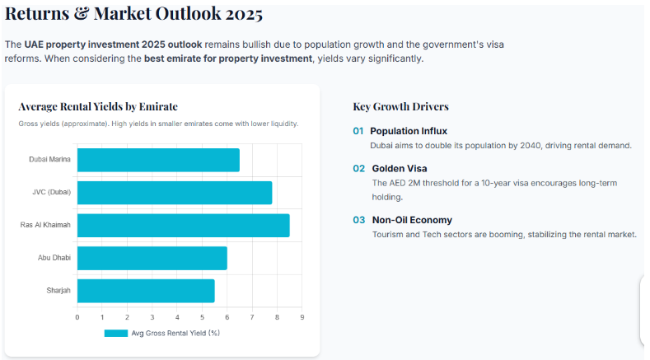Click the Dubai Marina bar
pyautogui.click(x=158, y=160)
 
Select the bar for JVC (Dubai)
pyautogui.click(x=174, y=193)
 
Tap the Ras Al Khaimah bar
pyautogui.click(x=183, y=225)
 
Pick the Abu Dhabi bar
pyautogui.click(x=152, y=258)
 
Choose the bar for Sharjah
pyautogui.click(x=146, y=290)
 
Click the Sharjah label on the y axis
pyautogui.click(x=58, y=290)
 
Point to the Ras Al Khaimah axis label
pyautogui.click(x=45, y=225)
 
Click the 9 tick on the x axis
pyautogui.click(x=302, y=317)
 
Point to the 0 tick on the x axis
pyautogui.click(x=77, y=317)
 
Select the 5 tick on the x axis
pyautogui.click(x=202, y=317)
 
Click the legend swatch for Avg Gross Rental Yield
pyautogui.click(x=115, y=334)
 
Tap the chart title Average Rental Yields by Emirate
pyautogui.click(x=98, y=106)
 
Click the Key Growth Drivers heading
pyautogui.click(x=400, y=106)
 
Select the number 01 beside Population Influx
pyautogui.click(x=358, y=131)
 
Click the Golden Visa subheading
pyautogui.click(x=400, y=168)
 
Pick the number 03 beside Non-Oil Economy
pyautogui.click(x=358, y=220)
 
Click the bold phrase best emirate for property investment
pyautogui.click(x=228, y=58)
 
